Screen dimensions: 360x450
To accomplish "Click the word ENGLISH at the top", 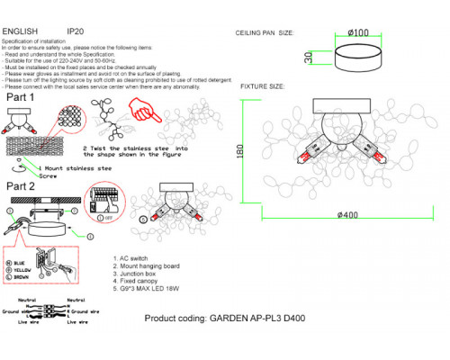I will [20, 31].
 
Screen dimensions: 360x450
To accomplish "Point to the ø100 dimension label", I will [358, 32].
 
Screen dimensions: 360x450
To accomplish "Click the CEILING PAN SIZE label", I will [267, 31].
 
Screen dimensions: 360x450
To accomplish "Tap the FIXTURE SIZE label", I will [262, 87].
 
